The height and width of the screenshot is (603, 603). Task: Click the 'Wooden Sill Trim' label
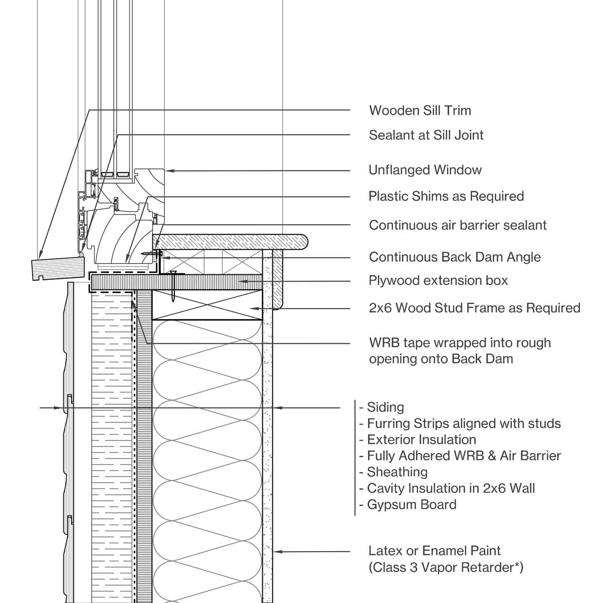pos(420,111)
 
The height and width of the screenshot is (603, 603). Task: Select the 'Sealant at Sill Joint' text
pos(426,135)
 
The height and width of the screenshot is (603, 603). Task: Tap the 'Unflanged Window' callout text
pos(425,170)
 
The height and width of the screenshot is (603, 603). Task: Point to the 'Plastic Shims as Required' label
pos(446,196)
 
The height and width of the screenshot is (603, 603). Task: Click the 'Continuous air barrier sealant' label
pos(458,225)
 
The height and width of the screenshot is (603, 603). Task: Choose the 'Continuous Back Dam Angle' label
pos(455,257)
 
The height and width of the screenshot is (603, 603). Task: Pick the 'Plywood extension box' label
pos(438,280)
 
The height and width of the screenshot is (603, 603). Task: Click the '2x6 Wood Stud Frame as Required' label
pos(474,308)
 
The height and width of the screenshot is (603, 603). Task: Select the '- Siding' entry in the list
pos(382,408)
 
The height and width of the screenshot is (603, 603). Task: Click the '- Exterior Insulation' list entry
pos(418,440)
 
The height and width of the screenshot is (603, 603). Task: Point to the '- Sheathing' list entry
pos(393,472)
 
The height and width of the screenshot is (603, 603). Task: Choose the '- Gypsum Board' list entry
pos(408,505)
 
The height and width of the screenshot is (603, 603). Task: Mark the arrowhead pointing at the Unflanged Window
pos(169,171)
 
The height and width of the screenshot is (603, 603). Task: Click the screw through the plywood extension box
pos(172,286)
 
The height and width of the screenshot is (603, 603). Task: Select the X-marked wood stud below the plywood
pos(207,305)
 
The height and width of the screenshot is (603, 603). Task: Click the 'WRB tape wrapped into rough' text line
pos(460,343)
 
